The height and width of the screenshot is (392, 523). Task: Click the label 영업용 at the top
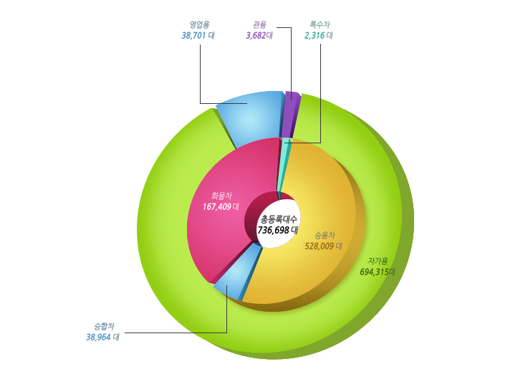click(x=199, y=24)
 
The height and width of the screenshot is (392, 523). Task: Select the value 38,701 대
click(x=198, y=35)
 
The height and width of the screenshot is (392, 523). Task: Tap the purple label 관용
click(x=259, y=24)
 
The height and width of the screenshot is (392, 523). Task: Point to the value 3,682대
click(x=259, y=35)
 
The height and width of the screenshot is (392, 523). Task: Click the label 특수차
click(x=320, y=24)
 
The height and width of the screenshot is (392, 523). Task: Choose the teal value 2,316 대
click(x=319, y=35)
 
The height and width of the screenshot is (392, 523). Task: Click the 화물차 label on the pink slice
click(x=221, y=196)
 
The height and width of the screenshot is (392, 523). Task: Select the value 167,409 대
click(x=221, y=207)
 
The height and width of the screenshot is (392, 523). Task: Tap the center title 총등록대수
click(x=279, y=219)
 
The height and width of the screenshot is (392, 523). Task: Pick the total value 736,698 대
click(x=278, y=230)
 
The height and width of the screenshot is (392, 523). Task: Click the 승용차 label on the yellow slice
click(x=325, y=235)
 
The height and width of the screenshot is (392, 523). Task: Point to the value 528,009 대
click(x=324, y=247)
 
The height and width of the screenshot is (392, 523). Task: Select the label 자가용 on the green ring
click(x=378, y=261)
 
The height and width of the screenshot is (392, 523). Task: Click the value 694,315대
click(x=378, y=272)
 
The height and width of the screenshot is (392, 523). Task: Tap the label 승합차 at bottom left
click(x=104, y=326)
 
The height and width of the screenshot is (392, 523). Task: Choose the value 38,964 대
click(x=102, y=337)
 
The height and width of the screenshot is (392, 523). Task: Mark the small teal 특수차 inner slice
click(x=283, y=160)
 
